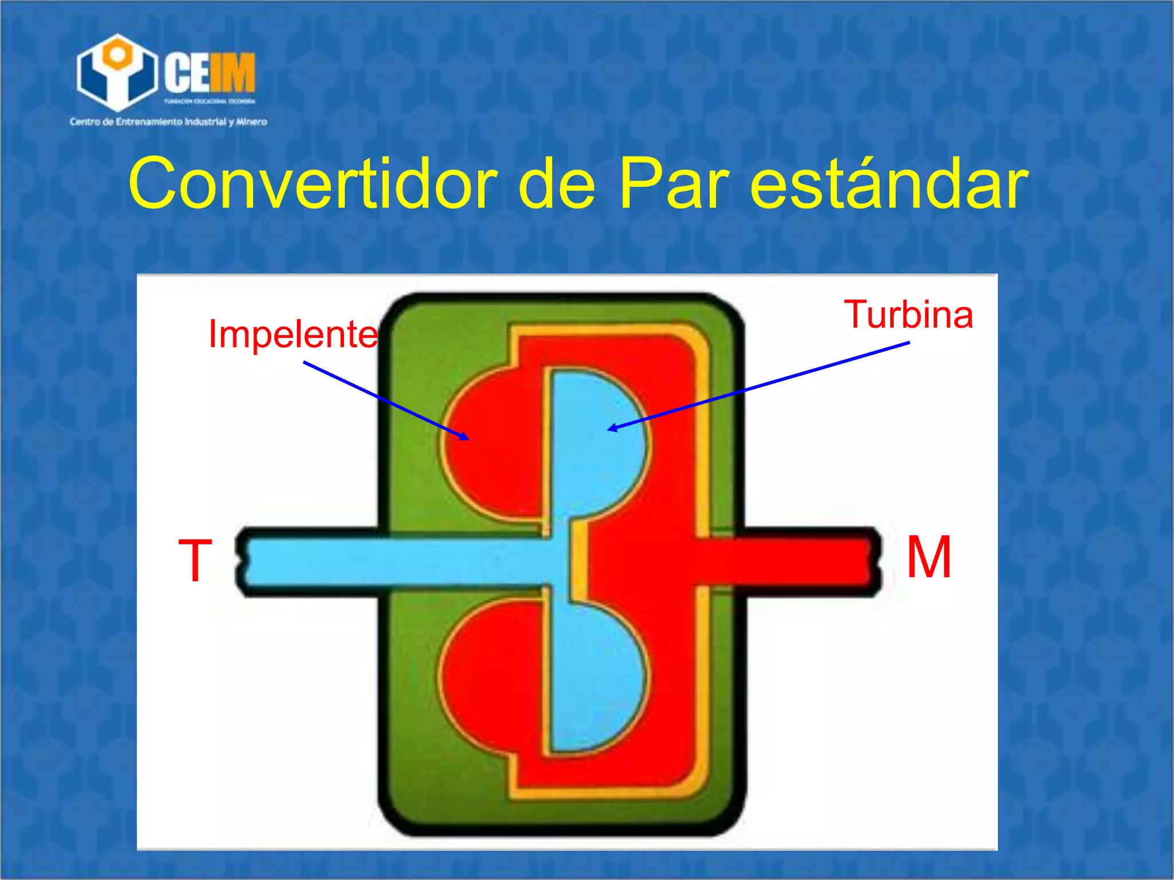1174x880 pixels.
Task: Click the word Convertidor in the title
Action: click(313, 183)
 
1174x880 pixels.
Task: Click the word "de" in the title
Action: click(556, 183)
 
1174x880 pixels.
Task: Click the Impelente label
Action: click(293, 333)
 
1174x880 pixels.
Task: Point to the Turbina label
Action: click(909, 315)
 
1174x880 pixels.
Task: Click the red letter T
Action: click(195, 561)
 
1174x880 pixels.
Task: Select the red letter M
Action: click(929, 557)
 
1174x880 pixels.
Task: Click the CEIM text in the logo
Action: click(210, 73)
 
